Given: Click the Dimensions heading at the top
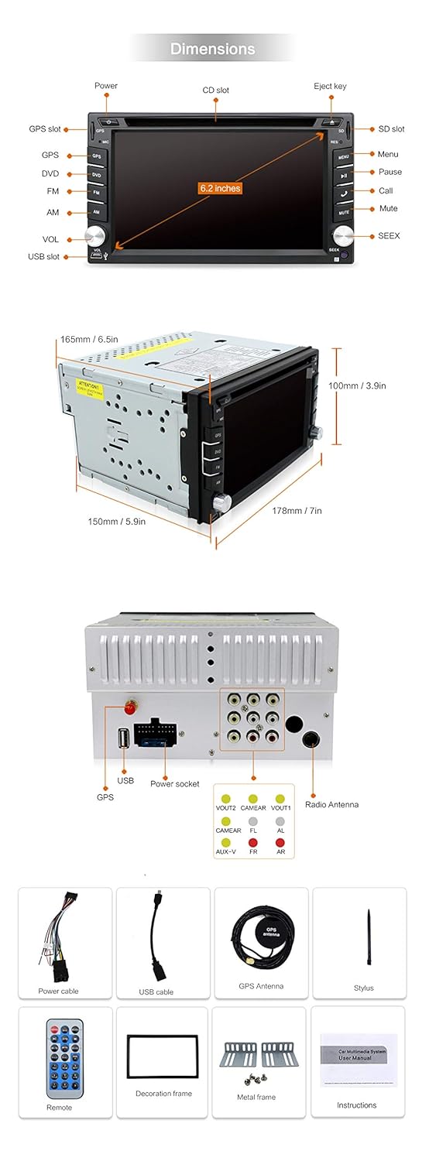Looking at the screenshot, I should click(212, 49).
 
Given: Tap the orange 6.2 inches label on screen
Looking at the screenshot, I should click(220, 188).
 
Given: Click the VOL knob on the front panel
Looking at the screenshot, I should click(97, 235).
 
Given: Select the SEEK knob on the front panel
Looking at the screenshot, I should click(341, 235).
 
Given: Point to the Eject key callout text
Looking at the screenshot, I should click(330, 86).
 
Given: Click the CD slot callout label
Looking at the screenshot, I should click(216, 91).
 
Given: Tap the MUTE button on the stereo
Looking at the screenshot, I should click(343, 211).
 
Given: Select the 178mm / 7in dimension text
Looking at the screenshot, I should click(297, 511).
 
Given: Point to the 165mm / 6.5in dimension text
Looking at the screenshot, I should click(89, 339).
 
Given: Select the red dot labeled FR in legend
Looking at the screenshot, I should click(253, 842).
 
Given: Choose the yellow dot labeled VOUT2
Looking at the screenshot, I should click(225, 799).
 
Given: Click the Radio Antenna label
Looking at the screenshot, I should click(331, 805).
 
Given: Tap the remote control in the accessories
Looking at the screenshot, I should click(64, 1057).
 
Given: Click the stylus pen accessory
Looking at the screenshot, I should click(369, 938).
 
